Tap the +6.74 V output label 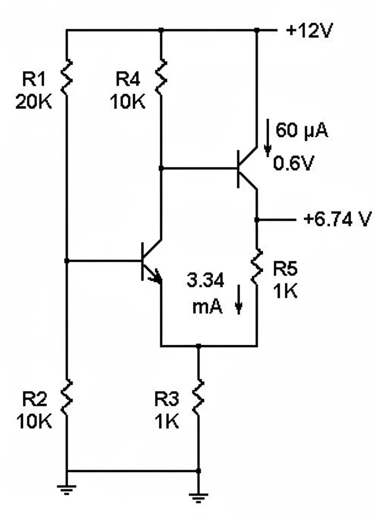[x=338, y=220]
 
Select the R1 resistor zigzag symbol [x=67, y=77]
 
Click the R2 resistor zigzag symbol [x=67, y=397]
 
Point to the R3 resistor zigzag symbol [x=198, y=397]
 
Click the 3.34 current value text [x=205, y=281]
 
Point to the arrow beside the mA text [x=238, y=305]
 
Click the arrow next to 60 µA [x=268, y=140]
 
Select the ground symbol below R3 [x=198, y=496]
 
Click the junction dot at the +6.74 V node [x=257, y=220]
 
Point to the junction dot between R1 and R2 [x=67, y=260]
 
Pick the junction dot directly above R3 [x=198, y=346]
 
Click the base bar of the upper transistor [x=238, y=168]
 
